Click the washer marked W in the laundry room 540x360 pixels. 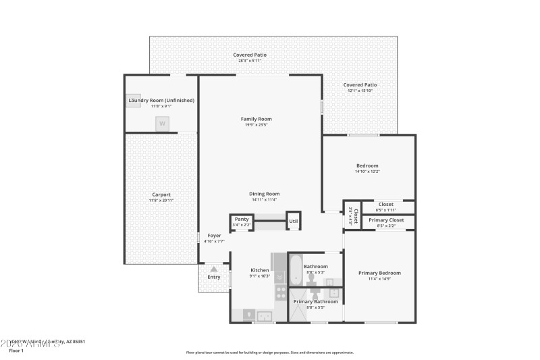coord(162,124)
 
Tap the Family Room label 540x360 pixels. coord(256,119)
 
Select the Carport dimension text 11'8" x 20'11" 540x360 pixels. coord(161,201)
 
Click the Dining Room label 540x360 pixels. coord(265,194)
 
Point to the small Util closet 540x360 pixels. coord(294,221)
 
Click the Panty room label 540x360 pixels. coord(242,219)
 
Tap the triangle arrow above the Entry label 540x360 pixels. coord(214,269)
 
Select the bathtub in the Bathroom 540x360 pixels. coord(296,269)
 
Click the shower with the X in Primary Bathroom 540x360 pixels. coord(298,311)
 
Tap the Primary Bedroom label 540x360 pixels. coord(384,273)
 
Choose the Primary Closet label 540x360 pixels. coord(386,220)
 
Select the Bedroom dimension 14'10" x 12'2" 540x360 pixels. coord(368,172)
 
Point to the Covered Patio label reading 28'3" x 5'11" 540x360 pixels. coord(249,61)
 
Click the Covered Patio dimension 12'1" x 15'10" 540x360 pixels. coord(360,91)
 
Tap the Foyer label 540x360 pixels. coord(214,236)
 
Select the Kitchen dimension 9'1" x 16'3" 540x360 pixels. coord(260,276)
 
